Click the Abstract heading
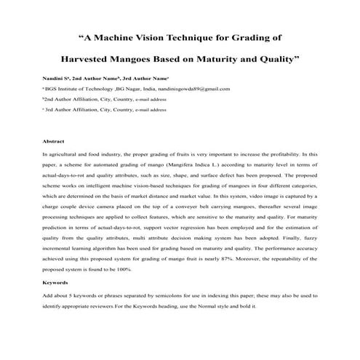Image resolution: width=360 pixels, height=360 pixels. (x=54, y=141)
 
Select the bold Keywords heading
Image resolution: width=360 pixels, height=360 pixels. (x=55, y=281)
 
